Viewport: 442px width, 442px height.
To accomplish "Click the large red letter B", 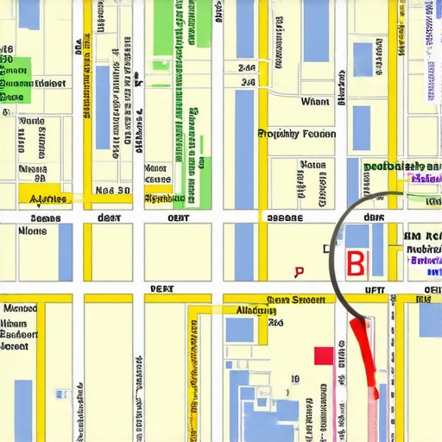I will [x=355, y=262].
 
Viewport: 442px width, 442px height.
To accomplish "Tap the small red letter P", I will [x=299, y=272].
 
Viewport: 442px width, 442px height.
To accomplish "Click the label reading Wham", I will [x=315, y=102].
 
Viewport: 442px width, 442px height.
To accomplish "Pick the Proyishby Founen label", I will [x=297, y=134].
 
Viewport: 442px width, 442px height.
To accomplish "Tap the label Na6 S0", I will [x=112, y=190].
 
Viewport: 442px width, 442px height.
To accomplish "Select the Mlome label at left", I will [x=33, y=231].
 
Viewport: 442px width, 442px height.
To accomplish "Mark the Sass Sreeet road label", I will [x=295, y=300].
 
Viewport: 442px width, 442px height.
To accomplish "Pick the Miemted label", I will [x=21, y=308].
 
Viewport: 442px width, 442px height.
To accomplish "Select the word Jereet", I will [x=19, y=346].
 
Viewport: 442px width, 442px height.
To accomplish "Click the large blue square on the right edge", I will [x=430, y=319].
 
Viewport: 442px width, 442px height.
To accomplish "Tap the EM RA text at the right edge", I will [x=422, y=235].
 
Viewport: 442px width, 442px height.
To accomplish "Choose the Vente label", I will [x=32, y=123].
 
